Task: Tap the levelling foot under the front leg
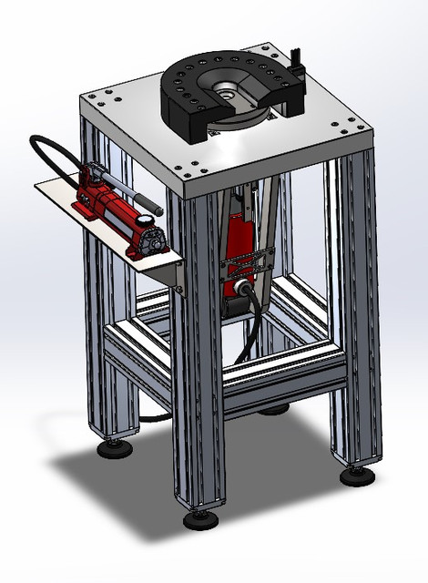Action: pos(200,520)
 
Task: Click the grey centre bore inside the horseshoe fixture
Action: pos(224,89)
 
